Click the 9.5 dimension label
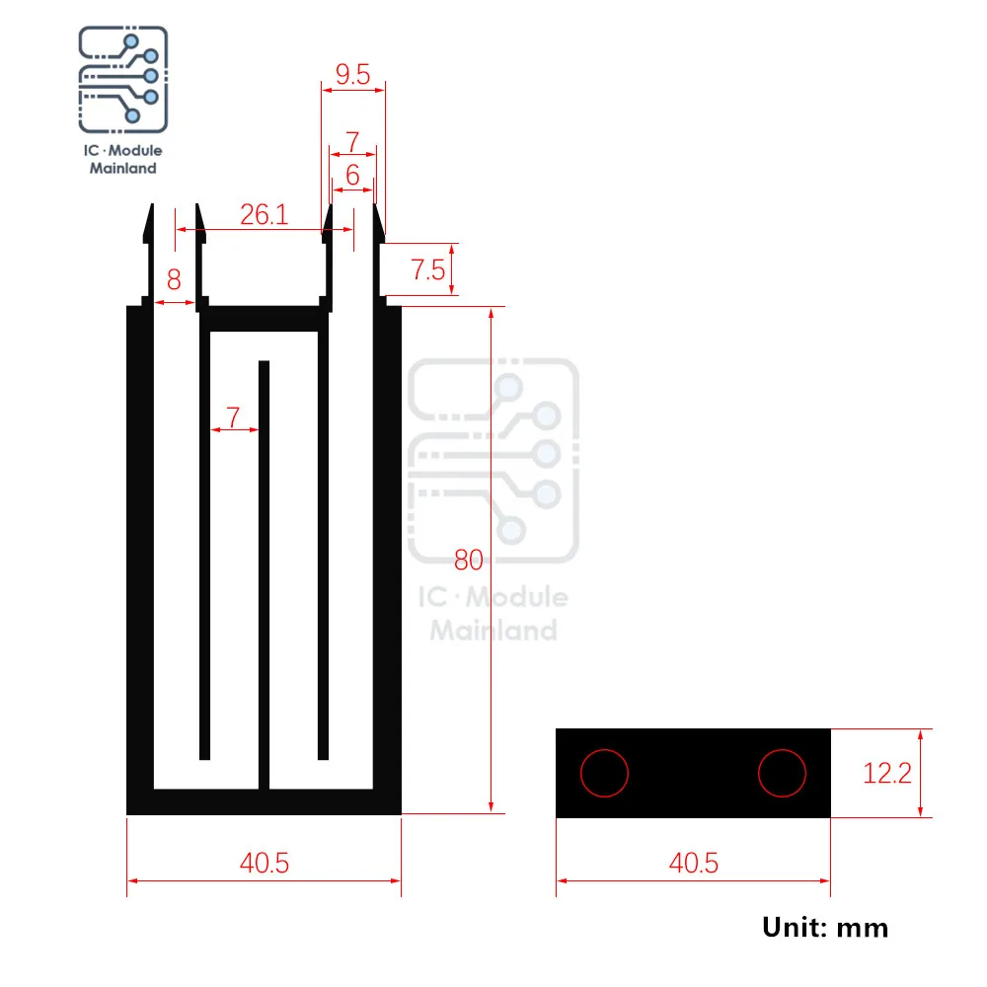[352, 74]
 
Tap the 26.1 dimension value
[264, 214]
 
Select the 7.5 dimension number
[428, 270]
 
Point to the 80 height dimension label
[468, 560]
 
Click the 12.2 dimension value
[887, 773]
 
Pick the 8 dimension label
[174, 279]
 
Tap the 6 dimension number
[352, 175]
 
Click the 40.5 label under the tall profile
[265, 863]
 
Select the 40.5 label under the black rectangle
[693, 863]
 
